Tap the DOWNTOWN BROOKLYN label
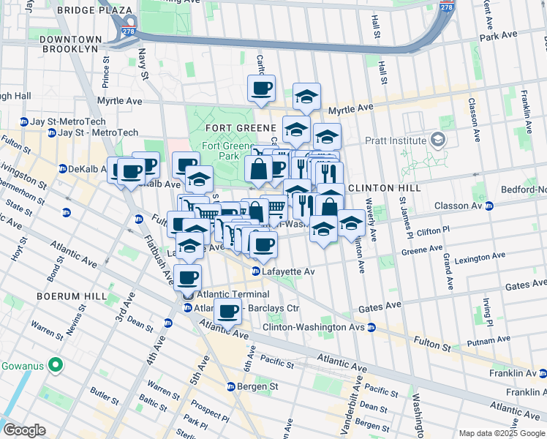(x=70, y=43)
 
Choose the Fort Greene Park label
(x=221, y=151)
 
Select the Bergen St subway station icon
(x=230, y=386)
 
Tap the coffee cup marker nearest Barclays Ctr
(x=227, y=310)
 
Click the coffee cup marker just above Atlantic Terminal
(x=188, y=277)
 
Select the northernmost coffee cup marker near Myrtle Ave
(x=261, y=88)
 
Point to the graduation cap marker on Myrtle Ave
(x=306, y=96)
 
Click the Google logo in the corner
(x=24, y=430)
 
